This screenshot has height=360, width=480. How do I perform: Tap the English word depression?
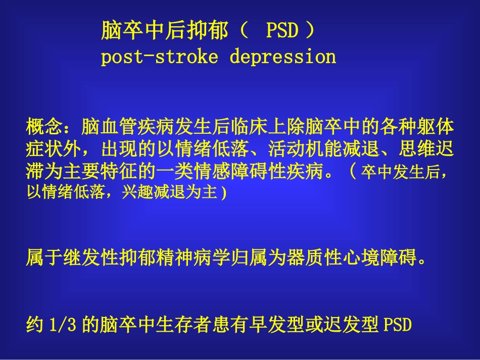pos(283,57)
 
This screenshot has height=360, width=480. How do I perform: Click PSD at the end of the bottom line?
pos(398,325)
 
